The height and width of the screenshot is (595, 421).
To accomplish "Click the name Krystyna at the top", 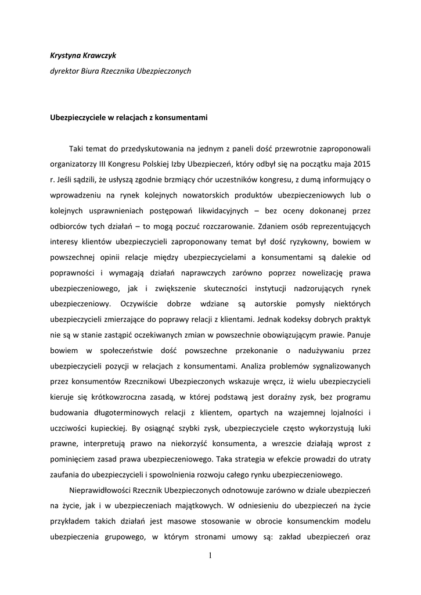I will tap(66, 56).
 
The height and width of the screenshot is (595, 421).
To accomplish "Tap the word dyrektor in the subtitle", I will tap(64, 71).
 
